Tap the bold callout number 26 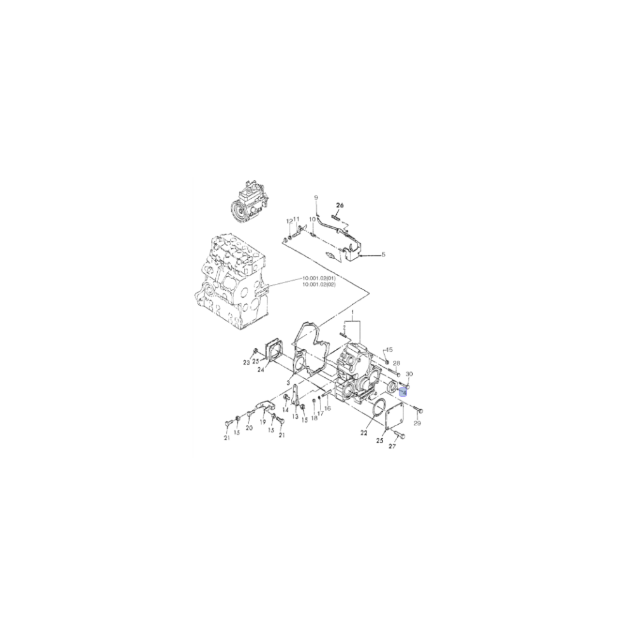pyautogui.click(x=340, y=206)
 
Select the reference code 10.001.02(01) pyautogui.click(x=319, y=278)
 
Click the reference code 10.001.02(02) pyautogui.click(x=319, y=284)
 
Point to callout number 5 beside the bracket pyautogui.click(x=383, y=255)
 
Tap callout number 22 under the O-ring pyautogui.click(x=364, y=434)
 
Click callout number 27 pyautogui.click(x=392, y=447)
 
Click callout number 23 pyautogui.click(x=247, y=363)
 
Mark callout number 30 pyautogui.click(x=409, y=374)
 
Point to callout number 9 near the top pyautogui.click(x=316, y=199)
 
